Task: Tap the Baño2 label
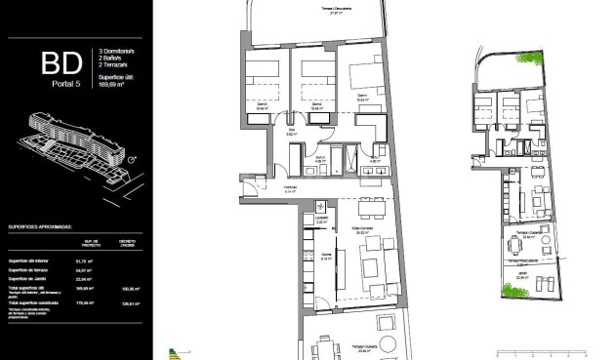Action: pos(321,157)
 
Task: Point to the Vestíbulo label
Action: pos(290,190)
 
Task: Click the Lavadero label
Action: pos(321,219)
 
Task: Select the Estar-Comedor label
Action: pos(365,231)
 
